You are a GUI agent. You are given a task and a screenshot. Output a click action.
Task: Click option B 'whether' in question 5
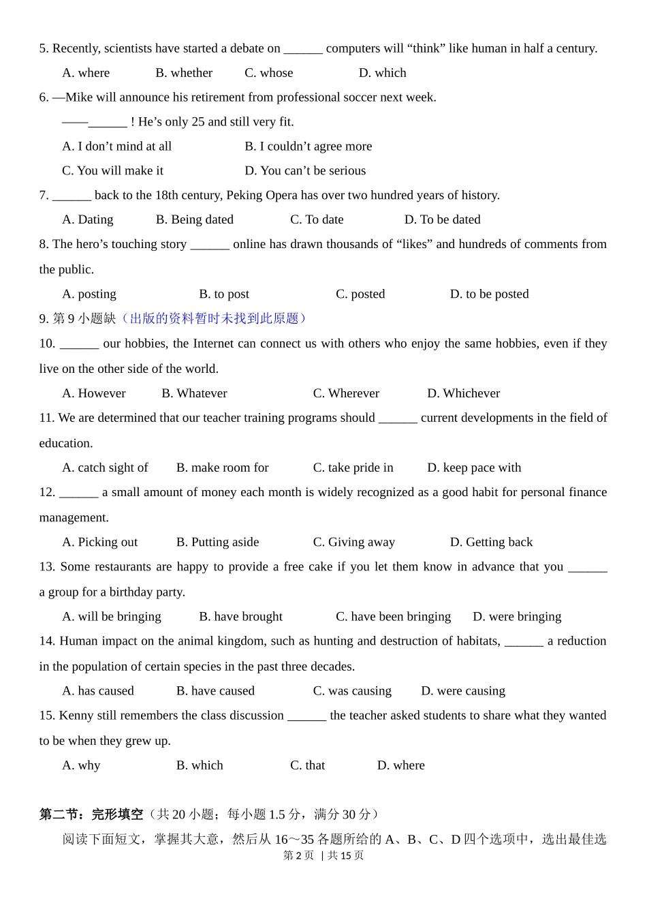[x=184, y=73]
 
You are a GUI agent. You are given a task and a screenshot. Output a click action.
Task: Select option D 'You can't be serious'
[x=305, y=170]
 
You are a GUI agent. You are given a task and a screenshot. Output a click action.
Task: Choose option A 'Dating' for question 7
[x=88, y=219]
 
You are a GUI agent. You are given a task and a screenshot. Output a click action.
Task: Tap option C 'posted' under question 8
[x=360, y=294]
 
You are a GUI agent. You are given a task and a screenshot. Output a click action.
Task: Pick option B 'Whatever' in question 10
[x=194, y=393]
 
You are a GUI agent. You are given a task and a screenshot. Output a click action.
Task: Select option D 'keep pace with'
[x=474, y=468]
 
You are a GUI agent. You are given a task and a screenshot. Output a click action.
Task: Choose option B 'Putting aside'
[x=217, y=542]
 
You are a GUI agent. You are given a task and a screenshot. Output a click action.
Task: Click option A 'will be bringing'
[x=112, y=617]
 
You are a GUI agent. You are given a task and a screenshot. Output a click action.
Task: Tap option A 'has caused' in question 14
[x=98, y=691]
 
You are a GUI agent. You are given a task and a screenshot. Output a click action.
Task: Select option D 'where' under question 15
[x=401, y=765]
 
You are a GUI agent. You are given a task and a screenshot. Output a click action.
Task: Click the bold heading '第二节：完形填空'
[x=91, y=814]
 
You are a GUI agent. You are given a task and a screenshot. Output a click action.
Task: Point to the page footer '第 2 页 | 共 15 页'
[x=323, y=855]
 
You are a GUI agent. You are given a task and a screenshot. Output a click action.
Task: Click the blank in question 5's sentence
[x=303, y=50]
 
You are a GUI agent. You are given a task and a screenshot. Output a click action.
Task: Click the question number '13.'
[x=47, y=567]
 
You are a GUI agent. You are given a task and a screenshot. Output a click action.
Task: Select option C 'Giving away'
[x=353, y=542]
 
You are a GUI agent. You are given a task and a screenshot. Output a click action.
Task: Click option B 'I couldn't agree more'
[x=309, y=147]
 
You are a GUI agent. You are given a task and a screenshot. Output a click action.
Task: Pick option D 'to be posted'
[x=489, y=294]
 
